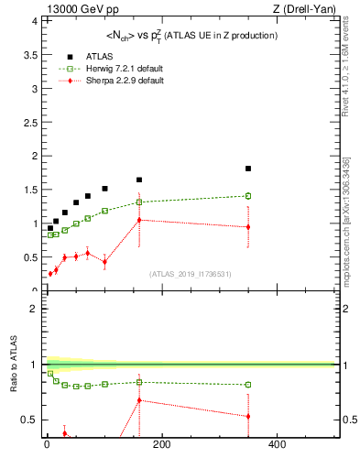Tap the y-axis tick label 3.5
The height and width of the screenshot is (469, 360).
29,54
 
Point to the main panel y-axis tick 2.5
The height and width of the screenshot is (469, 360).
29,122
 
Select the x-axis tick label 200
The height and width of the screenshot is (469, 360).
161,446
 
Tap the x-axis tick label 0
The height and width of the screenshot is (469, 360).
47,446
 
